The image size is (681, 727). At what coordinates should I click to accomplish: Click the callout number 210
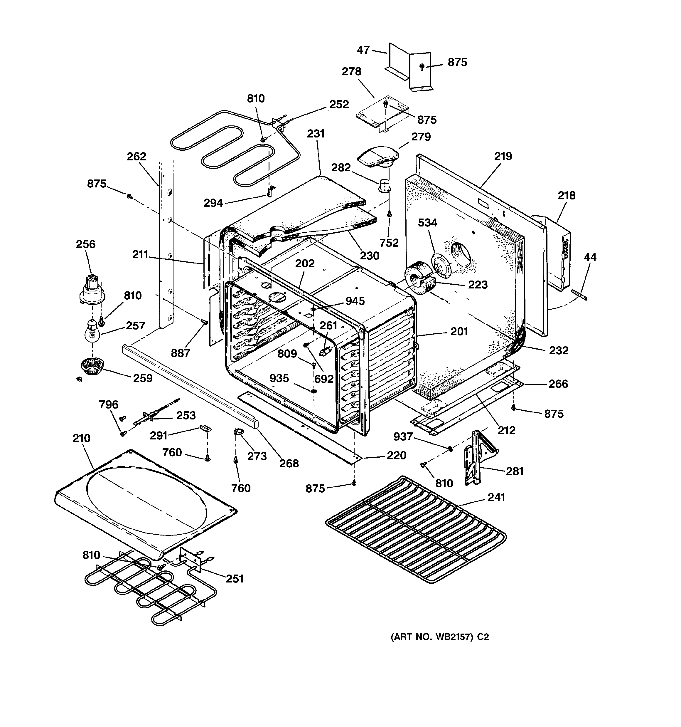click(81, 438)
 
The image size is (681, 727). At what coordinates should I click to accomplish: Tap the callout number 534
click(427, 222)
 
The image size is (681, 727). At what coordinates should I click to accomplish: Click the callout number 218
click(566, 195)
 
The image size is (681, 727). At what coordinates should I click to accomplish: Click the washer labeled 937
click(450, 448)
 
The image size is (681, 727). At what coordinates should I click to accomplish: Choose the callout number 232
click(559, 350)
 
